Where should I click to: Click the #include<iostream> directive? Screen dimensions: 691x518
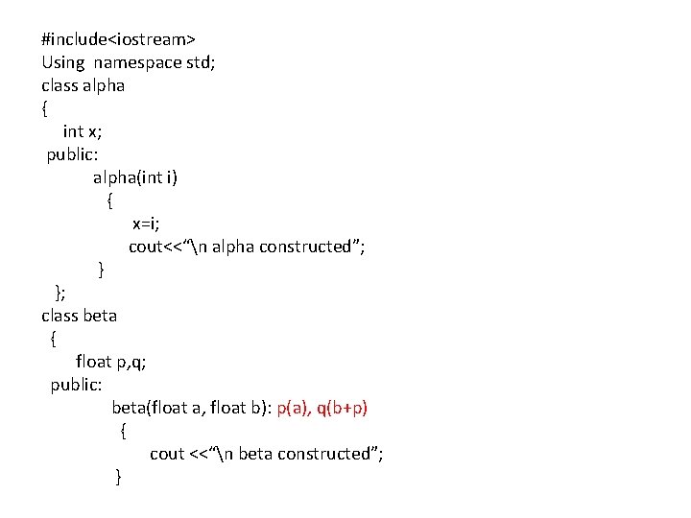[119, 39]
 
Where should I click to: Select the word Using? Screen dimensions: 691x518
[62, 62]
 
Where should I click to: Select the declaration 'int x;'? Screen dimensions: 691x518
[83, 131]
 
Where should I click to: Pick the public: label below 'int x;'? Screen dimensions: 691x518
[73, 154]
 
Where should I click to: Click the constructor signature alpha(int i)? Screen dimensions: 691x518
[135, 177]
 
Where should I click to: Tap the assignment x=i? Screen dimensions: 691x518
[146, 224]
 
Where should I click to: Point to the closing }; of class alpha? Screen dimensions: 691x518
[60, 292]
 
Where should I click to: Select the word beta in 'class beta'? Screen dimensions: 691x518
[100, 315]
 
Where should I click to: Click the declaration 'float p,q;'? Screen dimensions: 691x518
[111, 361]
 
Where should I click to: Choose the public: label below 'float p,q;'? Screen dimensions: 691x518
[77, 384]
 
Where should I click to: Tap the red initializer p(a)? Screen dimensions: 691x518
[293, 408]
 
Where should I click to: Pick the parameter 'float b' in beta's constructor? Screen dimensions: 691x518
[235, 408]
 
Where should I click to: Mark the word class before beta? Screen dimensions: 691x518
[59, 315]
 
